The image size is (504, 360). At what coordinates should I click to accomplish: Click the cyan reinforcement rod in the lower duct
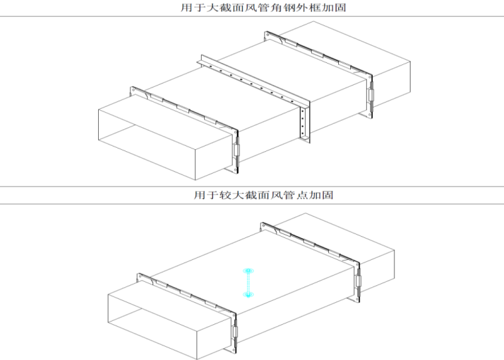coord(248,283)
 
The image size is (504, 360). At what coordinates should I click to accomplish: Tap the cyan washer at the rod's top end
coord(248,271)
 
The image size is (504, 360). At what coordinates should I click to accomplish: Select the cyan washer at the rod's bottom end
coord(248,294)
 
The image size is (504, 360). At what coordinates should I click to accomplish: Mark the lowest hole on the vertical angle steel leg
coord(303,133)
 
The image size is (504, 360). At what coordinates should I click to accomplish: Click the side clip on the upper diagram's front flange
coord(236,150)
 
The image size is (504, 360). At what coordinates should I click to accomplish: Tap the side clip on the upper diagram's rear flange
coord(371,95)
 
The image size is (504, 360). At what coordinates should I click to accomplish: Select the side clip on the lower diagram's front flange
coord(235,331)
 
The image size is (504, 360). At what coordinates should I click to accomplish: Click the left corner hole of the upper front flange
coord(133,90)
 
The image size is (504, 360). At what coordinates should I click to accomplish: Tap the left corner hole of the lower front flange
coord(140,276)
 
